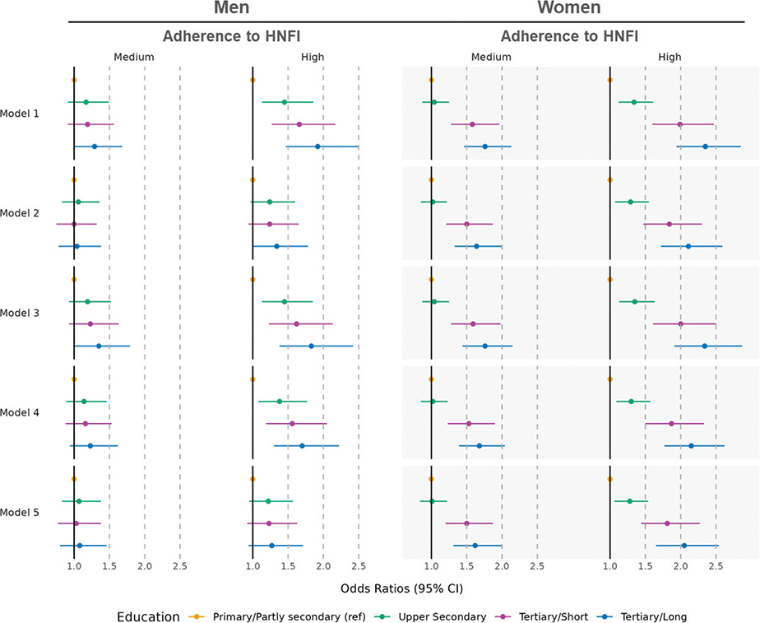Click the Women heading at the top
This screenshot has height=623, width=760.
click(x=568, y=9)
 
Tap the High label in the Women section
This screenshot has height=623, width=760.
click(x=670, y=57)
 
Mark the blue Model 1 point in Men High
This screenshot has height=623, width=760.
click(x=317, y=146)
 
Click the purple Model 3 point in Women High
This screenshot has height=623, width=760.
click(x=680, y=324)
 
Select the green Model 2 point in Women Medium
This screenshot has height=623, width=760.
click(x=433, y=202)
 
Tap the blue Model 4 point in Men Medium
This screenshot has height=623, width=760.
click(x=90, y=446)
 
